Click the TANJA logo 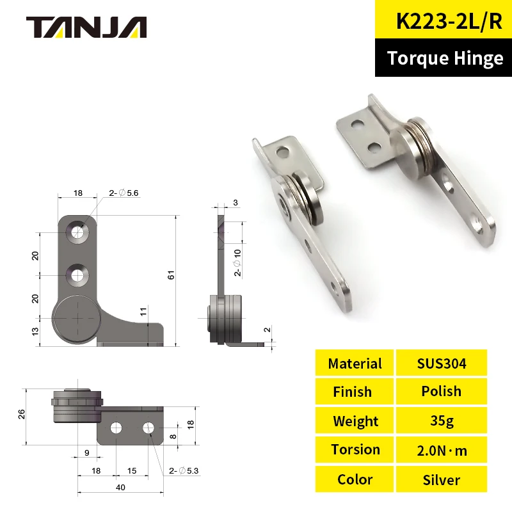(x=86, y=26)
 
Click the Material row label (x=355, y=364)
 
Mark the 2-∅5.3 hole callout (x=184, y=471)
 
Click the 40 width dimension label (x=120, y=488)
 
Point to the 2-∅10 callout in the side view (x=236, y=262)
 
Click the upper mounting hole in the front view (x=78, y=232)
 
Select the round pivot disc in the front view (x=77, y=318)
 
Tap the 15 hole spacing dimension (x=132, y=471)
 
